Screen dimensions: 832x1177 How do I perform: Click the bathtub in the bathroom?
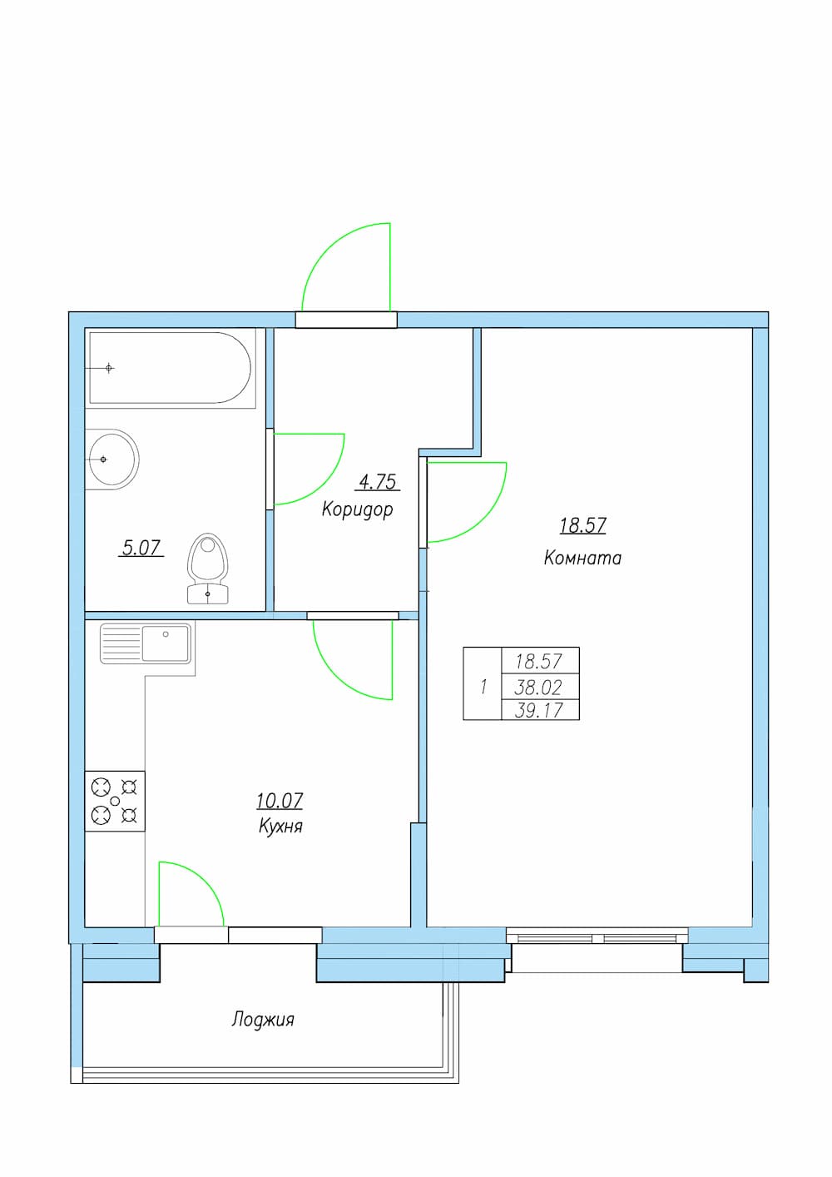pyautogui.click(x=171, y=368)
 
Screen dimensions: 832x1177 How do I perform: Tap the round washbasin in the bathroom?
pyautogui.click(x=112, y=459)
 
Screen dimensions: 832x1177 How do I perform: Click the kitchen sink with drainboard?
pyautogui.click(x=145, y=643)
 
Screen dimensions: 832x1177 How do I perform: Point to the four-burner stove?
pyautogui.click(x=115, y=802)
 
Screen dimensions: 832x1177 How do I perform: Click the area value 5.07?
pyautogui.click(x=141, y=548)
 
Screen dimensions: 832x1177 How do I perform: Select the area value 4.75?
pyautogui.click(x=378, y=481)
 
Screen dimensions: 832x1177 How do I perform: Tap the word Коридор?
pyautogui.click(x=357, y=509)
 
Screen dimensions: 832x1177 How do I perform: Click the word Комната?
pyautogui.click(x=582, y=558)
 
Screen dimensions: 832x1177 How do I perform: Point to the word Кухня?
pyautogui.click(x=280, y=827)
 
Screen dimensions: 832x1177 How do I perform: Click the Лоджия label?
pyautogui.click(x=263, y=1020)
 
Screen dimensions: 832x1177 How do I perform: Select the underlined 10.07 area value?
pyautogui.click(x=280, y=801)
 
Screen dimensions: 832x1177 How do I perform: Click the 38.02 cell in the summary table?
pyautogui.click(x=541, y=687)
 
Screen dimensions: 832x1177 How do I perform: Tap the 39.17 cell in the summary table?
pyautogui.click(x=541, y=710)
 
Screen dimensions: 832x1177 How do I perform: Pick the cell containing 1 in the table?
pyautogui.click(x=483, y=683)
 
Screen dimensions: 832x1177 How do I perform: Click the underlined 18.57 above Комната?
pyautogui.click(x=583, y=525)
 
